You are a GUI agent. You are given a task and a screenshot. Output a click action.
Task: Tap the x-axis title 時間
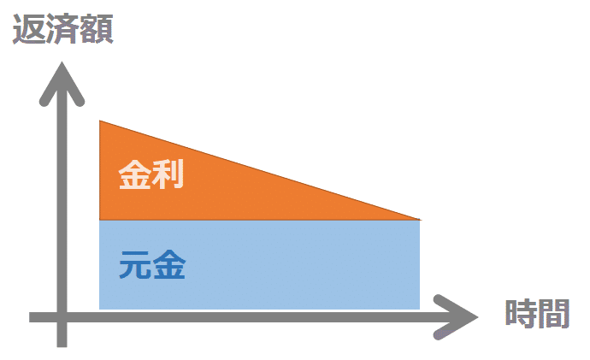pos(536,313)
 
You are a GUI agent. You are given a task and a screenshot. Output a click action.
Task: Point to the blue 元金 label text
pos(152,267)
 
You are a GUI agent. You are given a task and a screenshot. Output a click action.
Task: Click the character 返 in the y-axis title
pos(28,30)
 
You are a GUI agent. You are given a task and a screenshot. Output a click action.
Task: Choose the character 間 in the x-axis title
pos(553,313)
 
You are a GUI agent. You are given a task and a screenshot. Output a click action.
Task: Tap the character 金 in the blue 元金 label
pos(169,267)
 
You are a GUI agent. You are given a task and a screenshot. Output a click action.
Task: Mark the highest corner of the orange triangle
pos(101,123)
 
